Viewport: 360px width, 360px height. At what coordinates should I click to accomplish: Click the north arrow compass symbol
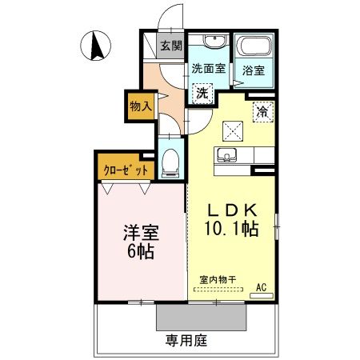coord(95,46)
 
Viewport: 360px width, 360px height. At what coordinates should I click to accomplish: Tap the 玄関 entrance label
coord(171,46)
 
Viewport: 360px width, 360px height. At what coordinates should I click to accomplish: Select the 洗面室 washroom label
coord(209,69)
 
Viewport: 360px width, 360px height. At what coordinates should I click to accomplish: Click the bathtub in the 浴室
coord(254,46)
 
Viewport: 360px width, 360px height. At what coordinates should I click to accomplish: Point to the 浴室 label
coord(254,70)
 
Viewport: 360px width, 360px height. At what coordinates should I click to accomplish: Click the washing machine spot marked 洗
coord(202,94)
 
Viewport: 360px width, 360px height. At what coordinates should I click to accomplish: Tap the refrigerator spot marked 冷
coord(263,112)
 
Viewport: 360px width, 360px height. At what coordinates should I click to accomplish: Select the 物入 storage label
coord(141,106)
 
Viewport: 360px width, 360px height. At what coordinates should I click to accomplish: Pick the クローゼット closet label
coord(126,170)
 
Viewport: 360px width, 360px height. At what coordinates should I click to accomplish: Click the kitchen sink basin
coord(226,155)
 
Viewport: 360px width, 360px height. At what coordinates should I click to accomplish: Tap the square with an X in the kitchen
coord(233,131)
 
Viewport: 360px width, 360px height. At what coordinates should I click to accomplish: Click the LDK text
coord(233,210)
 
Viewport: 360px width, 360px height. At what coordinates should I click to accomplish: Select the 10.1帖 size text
coord(231,229)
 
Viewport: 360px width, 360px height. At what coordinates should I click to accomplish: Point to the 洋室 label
coord(141,233)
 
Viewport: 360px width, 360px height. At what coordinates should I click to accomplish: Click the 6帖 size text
coord(141,251)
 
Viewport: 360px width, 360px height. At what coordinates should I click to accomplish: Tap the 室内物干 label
coord(218,280)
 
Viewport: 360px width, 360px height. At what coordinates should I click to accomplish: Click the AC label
coord(262,287)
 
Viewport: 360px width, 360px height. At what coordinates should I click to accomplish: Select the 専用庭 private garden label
coord(186,340)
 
